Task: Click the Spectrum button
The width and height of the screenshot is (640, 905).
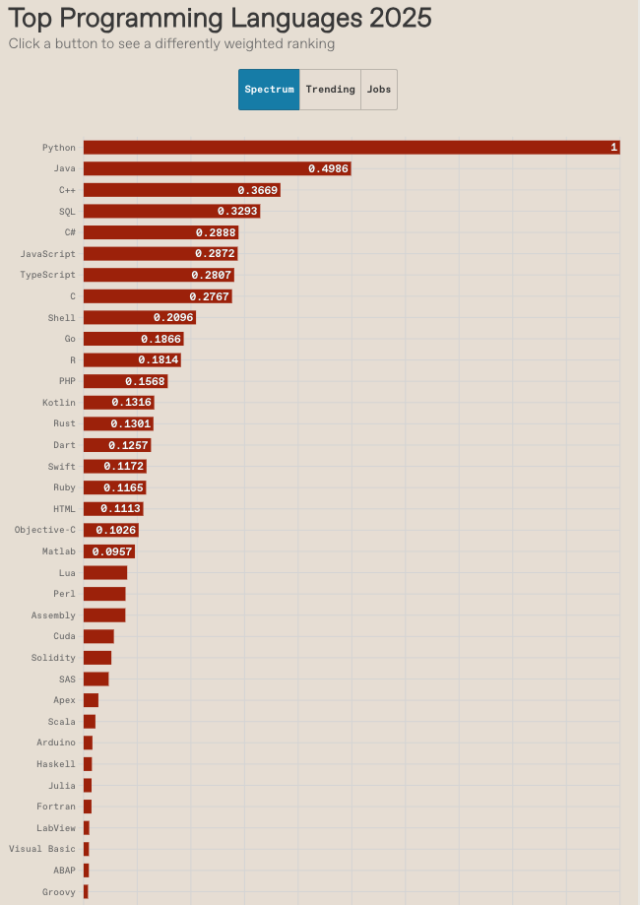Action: [x=269, y=90]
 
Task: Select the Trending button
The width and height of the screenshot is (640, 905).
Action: [x=330, y=90]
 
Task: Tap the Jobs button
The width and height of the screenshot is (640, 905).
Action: [x=379, y=90]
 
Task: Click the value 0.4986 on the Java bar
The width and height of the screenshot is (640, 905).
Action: [x=327, y=169]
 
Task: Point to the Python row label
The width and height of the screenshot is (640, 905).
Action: [x=58, y=148]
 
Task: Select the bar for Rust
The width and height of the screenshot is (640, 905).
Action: [x=118, y=423]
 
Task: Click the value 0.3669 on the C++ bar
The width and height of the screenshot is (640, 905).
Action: [x=257, y=190]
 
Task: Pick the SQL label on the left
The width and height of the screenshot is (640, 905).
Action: [x=67, y=212]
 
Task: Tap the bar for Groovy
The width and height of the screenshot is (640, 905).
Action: [x=86, y=892]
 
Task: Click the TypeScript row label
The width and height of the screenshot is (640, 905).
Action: [x=47, y=275]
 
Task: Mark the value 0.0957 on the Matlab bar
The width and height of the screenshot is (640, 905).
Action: [x=111, y=551]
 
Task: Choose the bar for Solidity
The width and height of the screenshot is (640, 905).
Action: [x=97, y=658]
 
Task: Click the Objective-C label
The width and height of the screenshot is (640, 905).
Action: [x=44, y=530]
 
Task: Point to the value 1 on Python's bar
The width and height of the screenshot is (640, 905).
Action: [x=613, y=148]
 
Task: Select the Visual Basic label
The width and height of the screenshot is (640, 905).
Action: [x=41, y=849]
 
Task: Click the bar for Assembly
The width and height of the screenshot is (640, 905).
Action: [x=104, y=615]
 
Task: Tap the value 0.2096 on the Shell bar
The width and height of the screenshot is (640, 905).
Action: [x=172, y=318]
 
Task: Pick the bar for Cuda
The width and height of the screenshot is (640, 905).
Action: [x=98, y=636]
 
